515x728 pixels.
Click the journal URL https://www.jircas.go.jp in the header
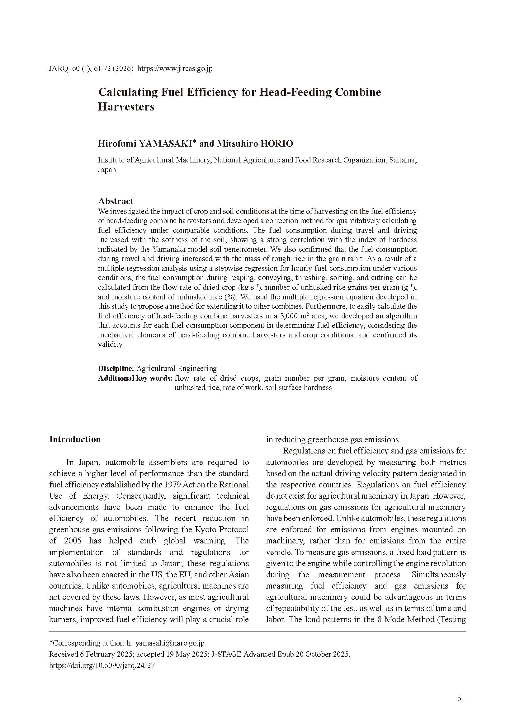point(175,68)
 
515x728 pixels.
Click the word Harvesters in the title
point(126,107)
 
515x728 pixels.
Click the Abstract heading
point(116,201)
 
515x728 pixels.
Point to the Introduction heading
point(75,439)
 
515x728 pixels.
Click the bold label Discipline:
point(116,369)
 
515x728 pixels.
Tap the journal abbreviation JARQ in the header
point(59,68)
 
